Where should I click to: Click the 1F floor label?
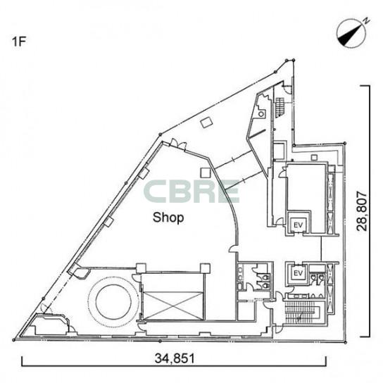pos(19,42)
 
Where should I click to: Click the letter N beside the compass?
pos(366,20)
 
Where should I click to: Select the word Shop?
pos(168,217)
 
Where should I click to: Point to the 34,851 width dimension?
pos(175,358)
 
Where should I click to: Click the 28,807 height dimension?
pos(362,211)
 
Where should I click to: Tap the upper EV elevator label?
pos(298,225)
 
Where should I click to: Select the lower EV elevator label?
pos(298,273)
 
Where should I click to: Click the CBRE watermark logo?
pos(191,191)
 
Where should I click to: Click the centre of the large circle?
pos(113,301)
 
